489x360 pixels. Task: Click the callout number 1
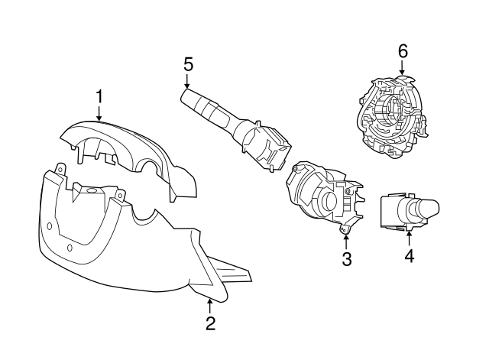point(99,97)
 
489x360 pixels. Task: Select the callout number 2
point(211,323)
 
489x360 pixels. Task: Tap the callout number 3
point(346,259)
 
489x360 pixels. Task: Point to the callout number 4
point(410,256)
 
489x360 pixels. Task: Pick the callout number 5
point(189,64)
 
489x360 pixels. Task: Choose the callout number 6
point(403,51)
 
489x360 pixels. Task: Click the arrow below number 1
point(99,113)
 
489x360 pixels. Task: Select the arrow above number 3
point(346,242)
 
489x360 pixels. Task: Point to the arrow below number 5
point(186,81)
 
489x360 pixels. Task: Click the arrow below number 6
point(402,67)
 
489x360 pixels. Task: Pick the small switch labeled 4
point(410,212)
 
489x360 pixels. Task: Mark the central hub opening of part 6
point(388,112)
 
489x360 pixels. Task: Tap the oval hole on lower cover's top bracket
point(91,190)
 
